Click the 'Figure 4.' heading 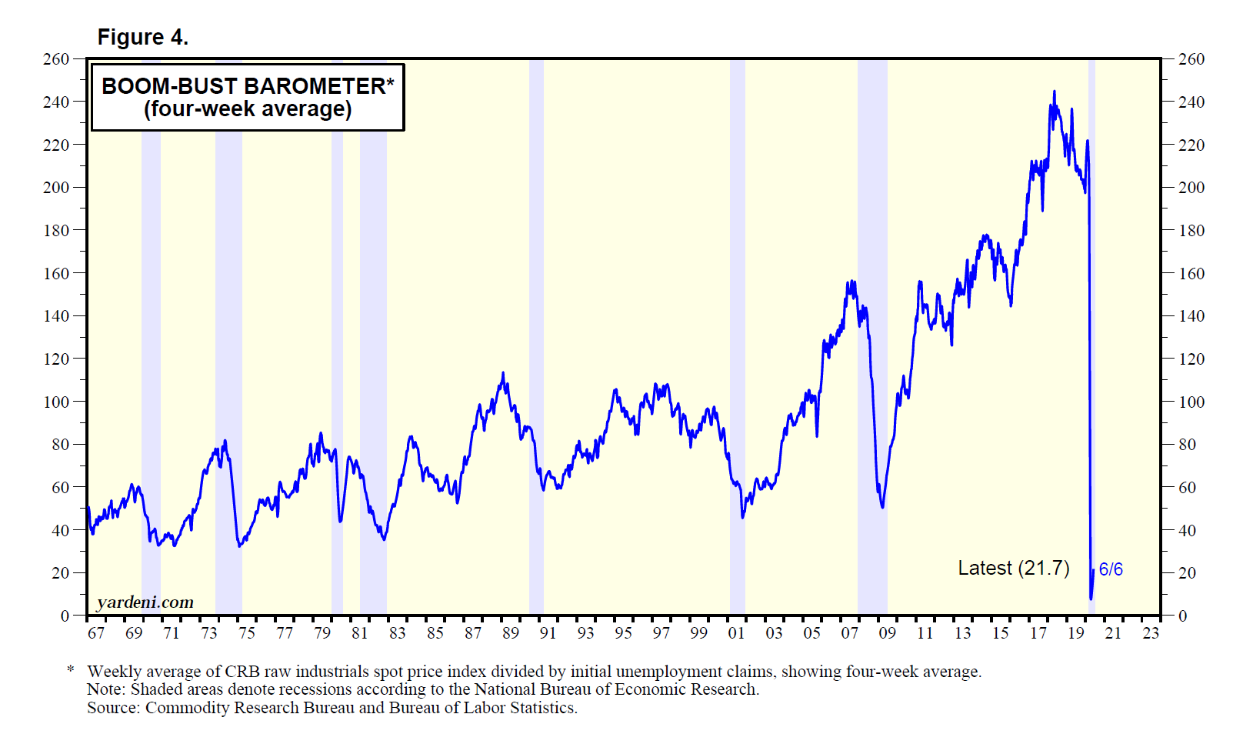click(x=142, y=37)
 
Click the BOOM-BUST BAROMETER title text click(x=248, y=86)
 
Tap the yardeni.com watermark click(x=145, y=602)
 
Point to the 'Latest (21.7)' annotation click(x=1013, y=568)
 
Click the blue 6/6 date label click(x=1110, y=569)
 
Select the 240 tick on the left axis click(x=55, y=102)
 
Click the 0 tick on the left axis click(x=65, y=616)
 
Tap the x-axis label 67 click(x=95, y=632)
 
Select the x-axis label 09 click(x=887, y=632)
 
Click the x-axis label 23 click(x=1151, y=632)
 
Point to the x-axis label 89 click(x=510, y=632)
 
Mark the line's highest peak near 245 click(x=1054, y=92)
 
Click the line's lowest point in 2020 click(x=1091, y=598)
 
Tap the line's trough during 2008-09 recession click(x=882, y=506)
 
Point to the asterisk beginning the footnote click(x=71, y=671)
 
